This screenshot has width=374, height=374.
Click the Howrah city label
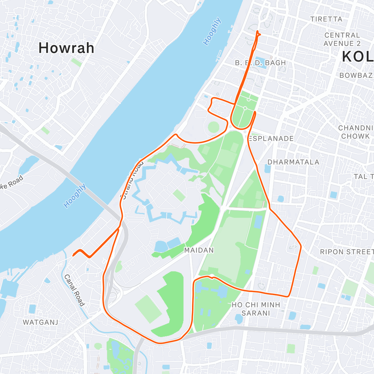point(66,48)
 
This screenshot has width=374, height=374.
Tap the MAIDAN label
point(199,250)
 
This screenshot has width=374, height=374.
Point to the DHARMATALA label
point(293,162)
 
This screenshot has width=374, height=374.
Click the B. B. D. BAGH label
point(260,63)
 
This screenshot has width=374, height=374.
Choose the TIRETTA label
point(326,19)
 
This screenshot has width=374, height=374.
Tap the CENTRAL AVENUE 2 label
point(342,39)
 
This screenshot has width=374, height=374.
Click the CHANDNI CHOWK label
point(356,132)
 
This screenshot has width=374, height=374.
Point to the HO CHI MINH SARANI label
point(256,309)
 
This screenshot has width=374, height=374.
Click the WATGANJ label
point(41,322)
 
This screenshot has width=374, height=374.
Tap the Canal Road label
point(74,290)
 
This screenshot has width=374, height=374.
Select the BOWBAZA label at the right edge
point(356,75)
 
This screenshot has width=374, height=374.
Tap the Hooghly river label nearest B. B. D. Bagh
point(212,31)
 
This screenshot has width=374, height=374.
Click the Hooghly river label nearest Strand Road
point(75,196)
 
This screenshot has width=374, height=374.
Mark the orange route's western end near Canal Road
point(73,256)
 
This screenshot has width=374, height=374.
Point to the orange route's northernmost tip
point(257,31)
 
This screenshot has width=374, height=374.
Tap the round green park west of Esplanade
point(213,127)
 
